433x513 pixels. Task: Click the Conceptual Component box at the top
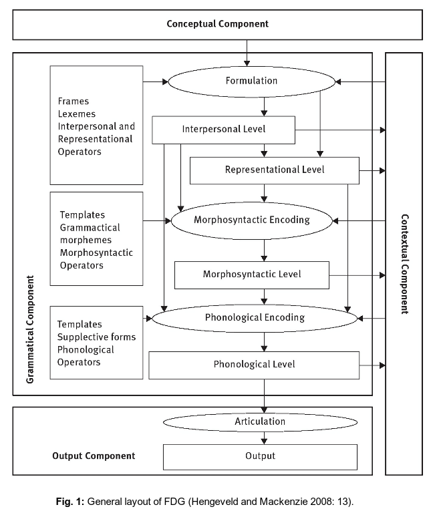(x=217, y=24)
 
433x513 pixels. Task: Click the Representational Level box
(x=275, y=170)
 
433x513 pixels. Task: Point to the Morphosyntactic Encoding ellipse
(x=251, y=219)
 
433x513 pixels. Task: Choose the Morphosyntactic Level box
(x=252, y=274)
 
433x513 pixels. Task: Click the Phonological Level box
(x=254, y=365)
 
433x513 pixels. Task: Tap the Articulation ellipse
(x=260, y=421)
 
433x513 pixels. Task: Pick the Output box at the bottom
(x=260, y=456)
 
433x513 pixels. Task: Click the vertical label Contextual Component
(x=404, y=264)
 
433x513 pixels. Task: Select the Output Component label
(x=94, y=456)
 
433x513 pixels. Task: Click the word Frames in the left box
(x=73, y=102)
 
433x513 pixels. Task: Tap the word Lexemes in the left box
(x=77, y=114)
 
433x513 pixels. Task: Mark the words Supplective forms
(x=96, y=337)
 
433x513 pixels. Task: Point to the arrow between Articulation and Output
(x=265, y=438)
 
